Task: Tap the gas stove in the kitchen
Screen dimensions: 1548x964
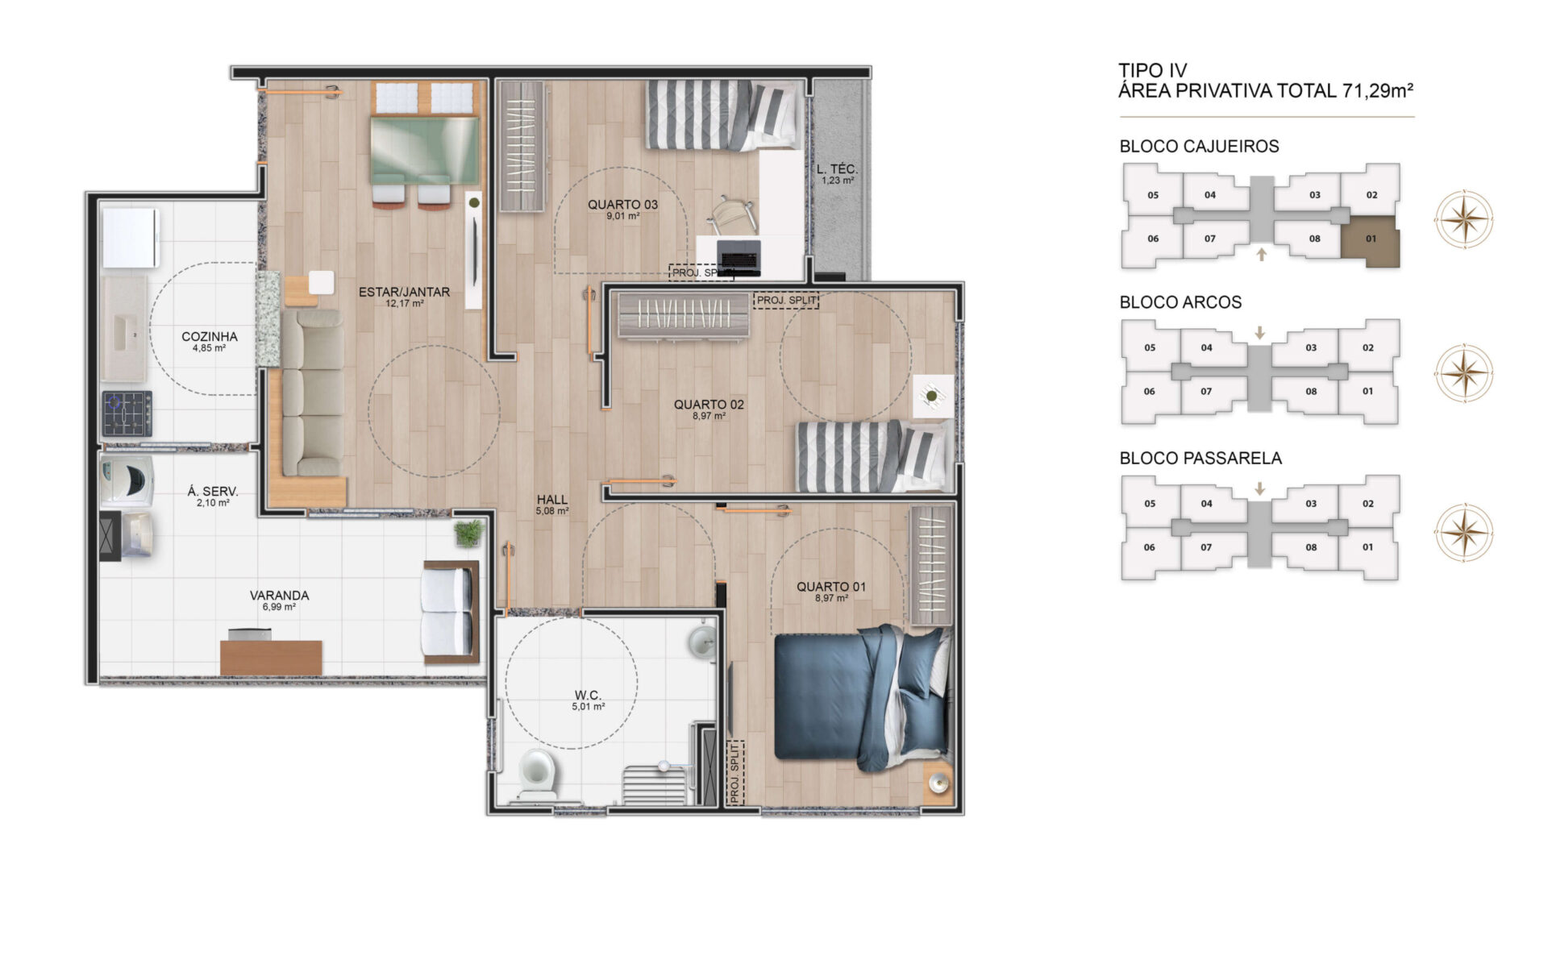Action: click(x=127, y=413)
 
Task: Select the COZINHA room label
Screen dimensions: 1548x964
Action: click(x=210, y=336)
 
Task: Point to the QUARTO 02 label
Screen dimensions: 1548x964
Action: click(x=709, y=405)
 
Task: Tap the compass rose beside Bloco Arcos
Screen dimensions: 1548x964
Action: click(x=1463, y=373)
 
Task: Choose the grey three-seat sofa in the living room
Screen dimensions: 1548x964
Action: click(x=312, y=393)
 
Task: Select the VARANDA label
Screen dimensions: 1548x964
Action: click(x=279, y=596)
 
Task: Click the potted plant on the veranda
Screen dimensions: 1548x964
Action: click(x=468, y=533)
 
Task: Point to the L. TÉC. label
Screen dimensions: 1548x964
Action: click(x=837, y=169)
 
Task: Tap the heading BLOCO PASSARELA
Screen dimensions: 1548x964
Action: click(x=1201, y=458)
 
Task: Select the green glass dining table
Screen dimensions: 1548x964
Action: click(x=425, y=151)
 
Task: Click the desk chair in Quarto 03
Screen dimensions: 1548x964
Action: click(x=732, y=214)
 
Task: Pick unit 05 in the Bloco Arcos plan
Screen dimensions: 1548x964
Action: click(x=1150, y=348)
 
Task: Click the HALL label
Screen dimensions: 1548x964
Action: click(x=552, y=500)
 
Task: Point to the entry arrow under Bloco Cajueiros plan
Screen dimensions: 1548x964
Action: click(x=1262, y=255)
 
